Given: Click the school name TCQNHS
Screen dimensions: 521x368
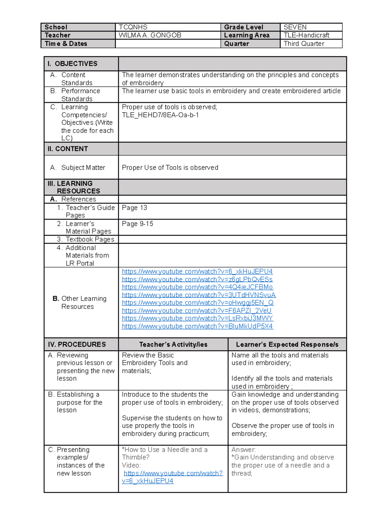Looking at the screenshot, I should pos(133,27).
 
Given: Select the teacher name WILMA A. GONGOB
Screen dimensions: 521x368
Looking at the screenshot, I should pos(150,35).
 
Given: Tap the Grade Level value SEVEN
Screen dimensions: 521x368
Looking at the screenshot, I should pos(295,27).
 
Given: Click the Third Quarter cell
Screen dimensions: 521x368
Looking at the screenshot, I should pos(304,44).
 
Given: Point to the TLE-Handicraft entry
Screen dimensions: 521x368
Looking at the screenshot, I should pos(306,35).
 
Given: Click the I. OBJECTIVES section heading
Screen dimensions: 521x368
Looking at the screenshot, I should pos(73,64).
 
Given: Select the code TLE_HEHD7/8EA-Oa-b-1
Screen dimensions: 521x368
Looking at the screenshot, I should pos(160,115).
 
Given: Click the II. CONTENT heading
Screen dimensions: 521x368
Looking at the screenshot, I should pos(68,149).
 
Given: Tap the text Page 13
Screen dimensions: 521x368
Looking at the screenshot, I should pos(134,208).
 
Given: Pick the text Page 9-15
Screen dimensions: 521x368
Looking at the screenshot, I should pos(137,224).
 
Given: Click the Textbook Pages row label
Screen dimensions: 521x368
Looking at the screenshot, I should pos(90,239).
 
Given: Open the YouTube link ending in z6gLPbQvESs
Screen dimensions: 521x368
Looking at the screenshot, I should pos(197,280).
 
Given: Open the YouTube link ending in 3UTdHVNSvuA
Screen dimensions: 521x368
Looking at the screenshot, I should pos(199,295).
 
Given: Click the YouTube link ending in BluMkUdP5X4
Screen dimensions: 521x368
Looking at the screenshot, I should pos(197,326).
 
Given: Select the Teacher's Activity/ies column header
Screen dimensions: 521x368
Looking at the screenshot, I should pos(173,345).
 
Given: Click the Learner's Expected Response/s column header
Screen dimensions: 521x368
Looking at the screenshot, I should pos(287,345).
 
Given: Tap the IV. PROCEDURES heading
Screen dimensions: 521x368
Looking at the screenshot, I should pos(77,345).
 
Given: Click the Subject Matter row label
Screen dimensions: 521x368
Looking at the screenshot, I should pos(83,168).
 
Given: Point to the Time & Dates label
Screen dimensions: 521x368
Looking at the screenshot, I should pos(66,44).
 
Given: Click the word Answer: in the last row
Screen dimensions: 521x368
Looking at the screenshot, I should pos(243,450).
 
